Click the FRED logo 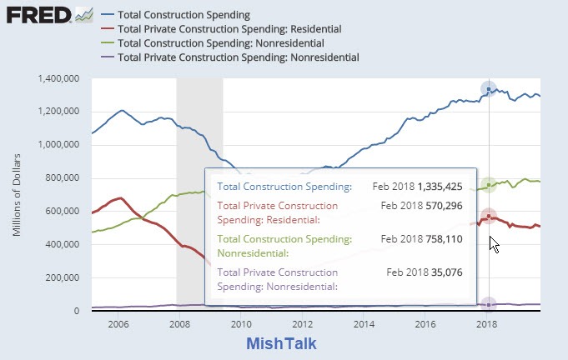click(x=40, y=16)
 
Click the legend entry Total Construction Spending click(x=185, y=15)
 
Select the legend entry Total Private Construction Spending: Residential click(x=230, y=29)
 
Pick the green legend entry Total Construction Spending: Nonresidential click(x=221, y=43)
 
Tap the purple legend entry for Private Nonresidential click(x=239, y=57)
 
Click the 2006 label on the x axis click(x=118, y=324)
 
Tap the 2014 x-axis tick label click(x=364, y=324)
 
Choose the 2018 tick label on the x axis click(x=487, y=324)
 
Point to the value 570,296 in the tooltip click(x=444, y=205)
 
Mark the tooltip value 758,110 click(x=444, y=238)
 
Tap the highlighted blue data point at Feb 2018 click(x=489, y=89)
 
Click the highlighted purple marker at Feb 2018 click(x=489, y=305)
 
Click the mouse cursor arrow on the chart click(x=494, y=244)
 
